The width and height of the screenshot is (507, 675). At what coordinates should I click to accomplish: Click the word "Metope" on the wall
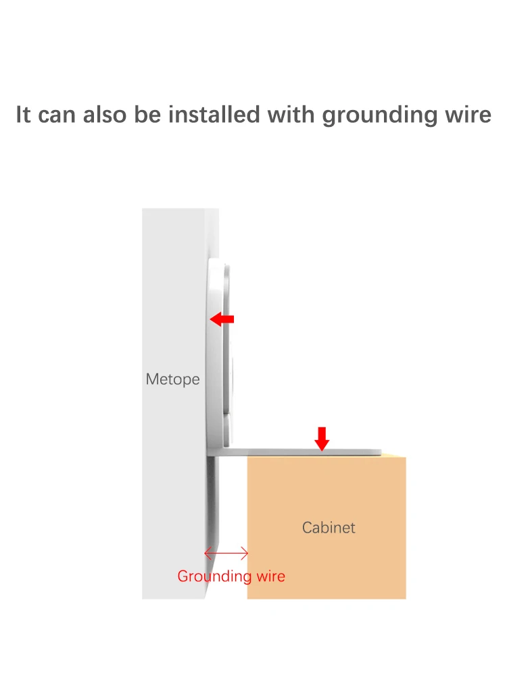pos(173,379)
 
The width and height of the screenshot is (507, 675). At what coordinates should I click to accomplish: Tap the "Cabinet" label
pos(329,527)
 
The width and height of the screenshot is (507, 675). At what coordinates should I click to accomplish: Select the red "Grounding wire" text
pos(231,576)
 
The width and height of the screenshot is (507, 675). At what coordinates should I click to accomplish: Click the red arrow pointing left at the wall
pos(222,319)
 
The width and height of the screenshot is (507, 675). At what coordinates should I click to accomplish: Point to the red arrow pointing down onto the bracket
pos(322,438)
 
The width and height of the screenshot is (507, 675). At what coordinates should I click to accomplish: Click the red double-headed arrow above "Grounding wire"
pos(226,554)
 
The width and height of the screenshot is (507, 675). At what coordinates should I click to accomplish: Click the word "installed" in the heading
pos(214,114)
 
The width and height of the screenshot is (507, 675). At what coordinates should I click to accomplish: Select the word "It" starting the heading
pos(24,114)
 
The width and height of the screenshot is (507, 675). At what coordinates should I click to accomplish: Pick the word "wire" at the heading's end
pos(467,114)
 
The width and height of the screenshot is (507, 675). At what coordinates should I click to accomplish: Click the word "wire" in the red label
pos(270,576)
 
